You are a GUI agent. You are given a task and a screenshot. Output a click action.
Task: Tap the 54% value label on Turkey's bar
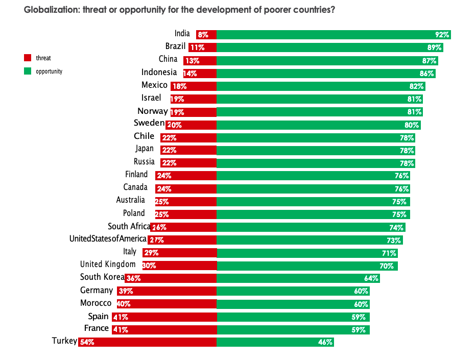pos(87,343)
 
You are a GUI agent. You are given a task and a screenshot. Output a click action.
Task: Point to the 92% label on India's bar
pos(442,35)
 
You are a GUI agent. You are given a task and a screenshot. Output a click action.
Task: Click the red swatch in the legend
pos(28,58)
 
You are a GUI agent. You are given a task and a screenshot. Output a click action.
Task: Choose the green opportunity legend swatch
pos(28,71)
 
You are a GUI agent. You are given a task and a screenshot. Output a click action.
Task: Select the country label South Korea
pos(102,277)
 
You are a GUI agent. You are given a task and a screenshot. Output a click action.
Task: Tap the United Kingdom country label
pos(108,264)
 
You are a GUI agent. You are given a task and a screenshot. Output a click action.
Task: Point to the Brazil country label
pos(175,46)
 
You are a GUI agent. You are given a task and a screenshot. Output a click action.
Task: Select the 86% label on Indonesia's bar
pos(426,74)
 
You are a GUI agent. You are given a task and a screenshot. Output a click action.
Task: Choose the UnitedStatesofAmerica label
pos(108,238)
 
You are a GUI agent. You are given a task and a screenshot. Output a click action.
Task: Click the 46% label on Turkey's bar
pos(325,343)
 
